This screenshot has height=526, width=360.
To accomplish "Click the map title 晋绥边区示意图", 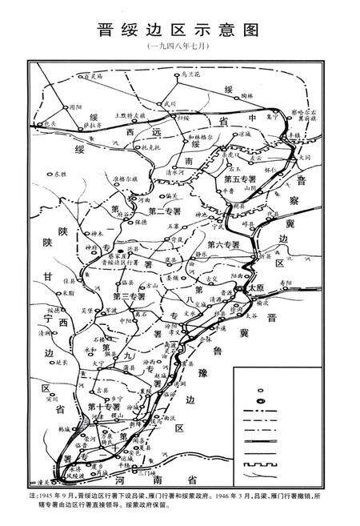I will point(180,30).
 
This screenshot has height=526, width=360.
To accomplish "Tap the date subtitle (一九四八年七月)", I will point(180,49).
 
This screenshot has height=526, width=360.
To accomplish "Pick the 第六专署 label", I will point(222,243).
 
